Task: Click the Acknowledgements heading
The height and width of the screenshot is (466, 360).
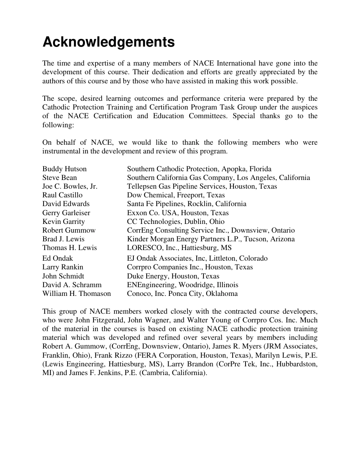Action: coord(108,42)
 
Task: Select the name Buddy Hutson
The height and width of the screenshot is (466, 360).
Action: coord(64,169)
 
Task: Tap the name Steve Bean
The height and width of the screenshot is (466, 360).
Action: coord(59,178)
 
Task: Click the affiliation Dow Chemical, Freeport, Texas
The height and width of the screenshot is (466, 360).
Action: coord(176,195)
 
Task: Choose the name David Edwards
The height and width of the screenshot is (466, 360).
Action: coord(66,204)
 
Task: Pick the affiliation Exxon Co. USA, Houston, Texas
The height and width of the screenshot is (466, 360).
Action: coord(178,213)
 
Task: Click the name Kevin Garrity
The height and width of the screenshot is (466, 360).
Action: coord(64,222)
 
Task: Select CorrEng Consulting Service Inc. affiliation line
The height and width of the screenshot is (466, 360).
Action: coord(211,230)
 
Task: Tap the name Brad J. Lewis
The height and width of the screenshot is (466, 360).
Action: coord(63,239)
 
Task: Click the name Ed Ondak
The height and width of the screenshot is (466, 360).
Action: coord(58,258)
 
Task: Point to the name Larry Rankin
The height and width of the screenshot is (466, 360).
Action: coord(63,267)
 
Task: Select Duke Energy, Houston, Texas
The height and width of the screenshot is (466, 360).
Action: coord(173,276)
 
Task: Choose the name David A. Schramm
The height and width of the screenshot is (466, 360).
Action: coord(72,285)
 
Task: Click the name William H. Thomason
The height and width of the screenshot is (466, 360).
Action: coord(77,294)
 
